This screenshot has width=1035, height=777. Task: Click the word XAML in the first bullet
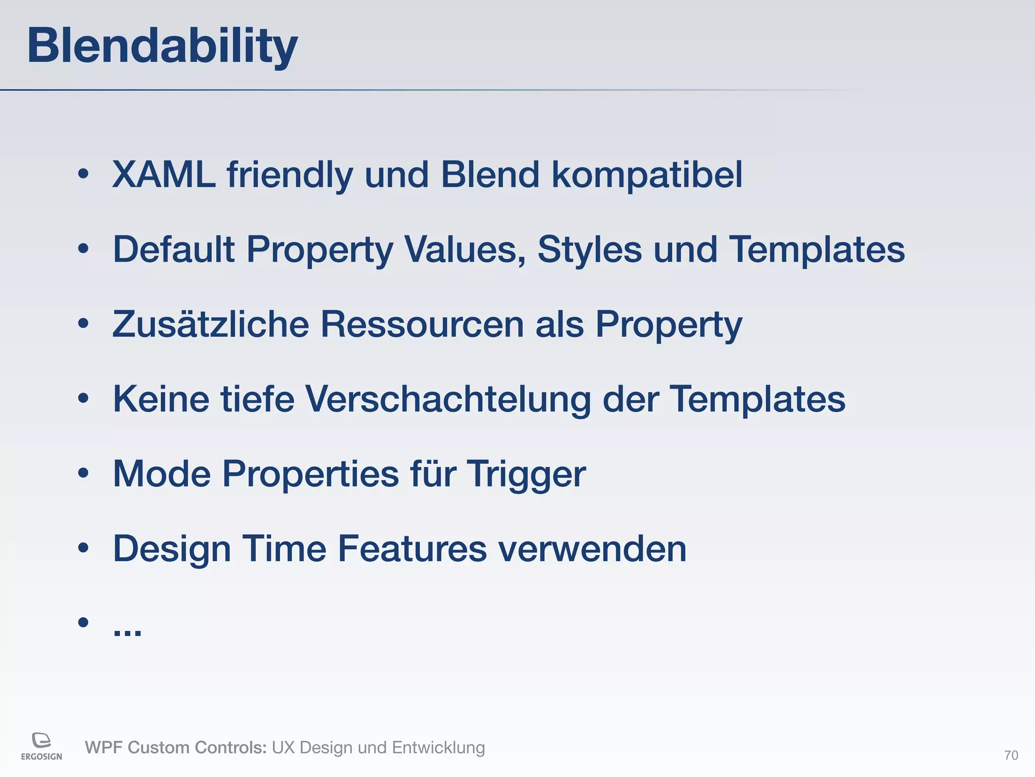(163, 175)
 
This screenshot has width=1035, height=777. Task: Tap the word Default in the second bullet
(173, 249)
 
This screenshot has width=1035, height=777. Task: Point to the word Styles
(589, 250)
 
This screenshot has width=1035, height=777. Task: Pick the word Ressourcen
(422, 324)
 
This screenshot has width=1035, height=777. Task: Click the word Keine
(161, 399)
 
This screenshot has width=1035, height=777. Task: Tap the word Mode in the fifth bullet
(162, 474)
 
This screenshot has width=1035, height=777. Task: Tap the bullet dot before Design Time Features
(83, 548)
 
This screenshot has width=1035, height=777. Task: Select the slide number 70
(1011, 755)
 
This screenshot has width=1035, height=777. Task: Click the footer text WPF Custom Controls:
(175, 748)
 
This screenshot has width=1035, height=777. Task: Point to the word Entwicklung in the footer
(438, 748)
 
